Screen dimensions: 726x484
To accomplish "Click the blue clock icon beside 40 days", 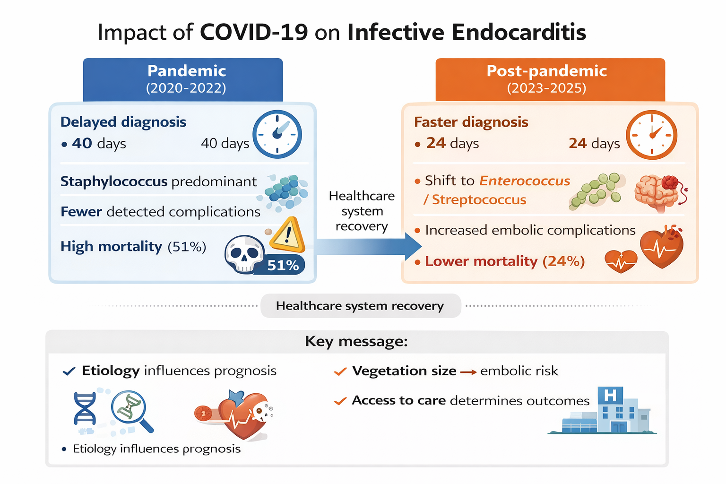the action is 277,134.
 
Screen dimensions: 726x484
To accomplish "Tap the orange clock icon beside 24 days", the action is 651,135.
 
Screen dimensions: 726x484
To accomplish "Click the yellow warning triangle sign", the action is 287,234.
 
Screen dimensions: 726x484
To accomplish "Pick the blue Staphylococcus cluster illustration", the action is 283,192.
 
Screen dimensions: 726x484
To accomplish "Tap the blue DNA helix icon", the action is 85,408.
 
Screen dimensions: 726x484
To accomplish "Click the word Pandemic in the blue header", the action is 187,71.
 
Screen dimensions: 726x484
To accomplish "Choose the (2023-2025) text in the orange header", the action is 547,88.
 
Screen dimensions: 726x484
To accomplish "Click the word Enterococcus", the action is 524,181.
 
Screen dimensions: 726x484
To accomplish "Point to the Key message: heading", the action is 356,341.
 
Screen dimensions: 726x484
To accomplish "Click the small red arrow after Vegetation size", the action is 468,372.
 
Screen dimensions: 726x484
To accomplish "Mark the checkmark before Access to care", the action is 340,401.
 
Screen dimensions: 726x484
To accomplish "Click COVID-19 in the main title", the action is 254,32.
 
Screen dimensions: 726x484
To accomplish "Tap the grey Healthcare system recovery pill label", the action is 361,306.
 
